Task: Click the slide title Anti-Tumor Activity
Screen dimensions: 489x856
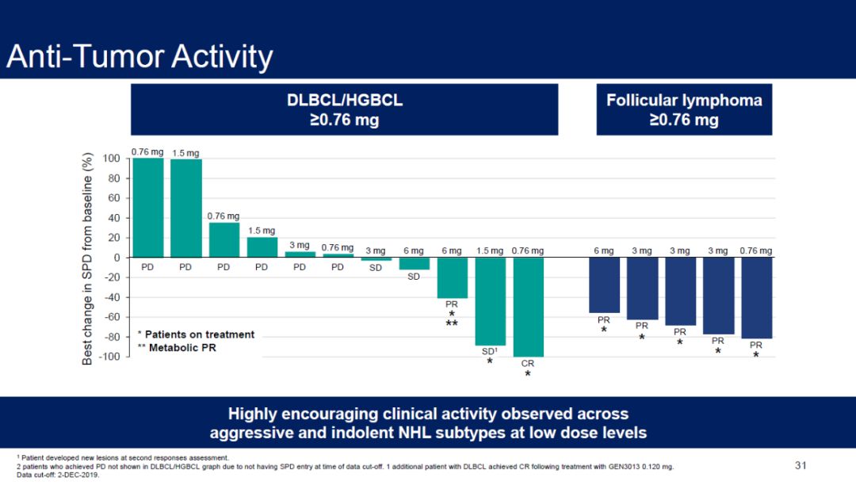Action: (x=139, y=57)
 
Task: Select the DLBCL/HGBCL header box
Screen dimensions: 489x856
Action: (x=344, y=110)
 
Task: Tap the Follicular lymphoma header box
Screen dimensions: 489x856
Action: (x=684, y=110)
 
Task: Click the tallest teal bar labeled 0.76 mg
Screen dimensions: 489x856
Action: (x=147, y=208)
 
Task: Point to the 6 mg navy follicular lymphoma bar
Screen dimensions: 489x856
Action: (x=604, y=285)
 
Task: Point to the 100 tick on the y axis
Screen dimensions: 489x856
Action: (x=110, y=159)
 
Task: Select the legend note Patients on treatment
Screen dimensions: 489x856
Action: (x=196, y=334)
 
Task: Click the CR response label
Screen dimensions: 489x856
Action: (x=528, y=364)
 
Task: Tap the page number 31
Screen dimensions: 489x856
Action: (x=801, y=465)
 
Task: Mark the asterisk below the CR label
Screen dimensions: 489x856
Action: (x=528, y=374)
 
